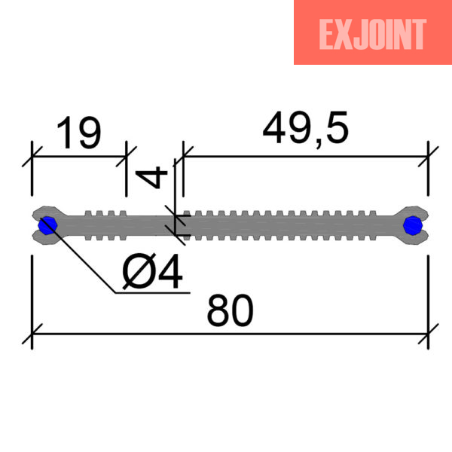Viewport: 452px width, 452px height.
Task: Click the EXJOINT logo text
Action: [372, 35]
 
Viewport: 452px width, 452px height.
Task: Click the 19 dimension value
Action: [79, 133]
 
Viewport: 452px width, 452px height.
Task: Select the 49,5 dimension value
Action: [306, 128]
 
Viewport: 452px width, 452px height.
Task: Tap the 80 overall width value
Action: [230, 311]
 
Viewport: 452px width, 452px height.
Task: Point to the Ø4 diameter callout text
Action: [152, 271]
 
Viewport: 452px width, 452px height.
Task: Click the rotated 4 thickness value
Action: [151, 178]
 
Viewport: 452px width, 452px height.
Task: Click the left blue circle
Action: [47, 225]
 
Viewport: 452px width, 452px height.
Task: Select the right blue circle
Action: [413, 225]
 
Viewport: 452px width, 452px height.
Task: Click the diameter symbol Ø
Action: [139, 271]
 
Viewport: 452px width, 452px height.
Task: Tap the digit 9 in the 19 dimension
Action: [90, 133]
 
